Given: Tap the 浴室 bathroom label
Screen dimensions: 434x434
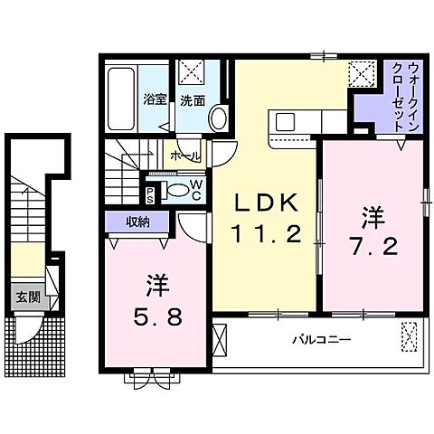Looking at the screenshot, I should pyautogui.click(x=153, y=100).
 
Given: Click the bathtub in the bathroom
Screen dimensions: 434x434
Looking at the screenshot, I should pyautogui.click(x=121, y=100).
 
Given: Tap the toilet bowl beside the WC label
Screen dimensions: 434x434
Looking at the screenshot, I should pyautogui.click(x=174, y=190).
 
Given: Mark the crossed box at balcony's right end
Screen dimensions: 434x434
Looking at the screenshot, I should pyautogui.click(x=410, y=341).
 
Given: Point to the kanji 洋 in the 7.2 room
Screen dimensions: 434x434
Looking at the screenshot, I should pyautogui.click(x=370, y=217).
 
